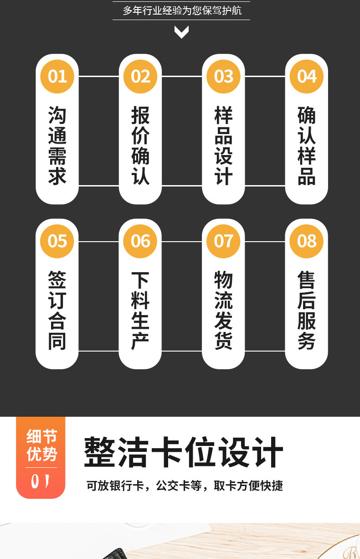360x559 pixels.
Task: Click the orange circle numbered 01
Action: (57, 76)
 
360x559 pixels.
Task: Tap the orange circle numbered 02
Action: (140, 76)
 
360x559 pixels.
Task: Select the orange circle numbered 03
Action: (223, 76)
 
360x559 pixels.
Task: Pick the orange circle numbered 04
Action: (307, 76)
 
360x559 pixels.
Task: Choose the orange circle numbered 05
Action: (57, 241)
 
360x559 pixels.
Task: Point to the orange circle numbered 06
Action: (140, 241)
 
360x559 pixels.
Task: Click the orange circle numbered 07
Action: (223, 241)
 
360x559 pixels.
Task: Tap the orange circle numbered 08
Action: (307, 241)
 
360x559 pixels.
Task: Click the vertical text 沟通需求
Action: (57, 146)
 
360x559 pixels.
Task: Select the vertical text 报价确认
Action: (140, 146)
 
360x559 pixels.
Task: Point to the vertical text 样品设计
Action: (223, 146)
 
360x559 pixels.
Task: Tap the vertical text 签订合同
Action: (57, 311)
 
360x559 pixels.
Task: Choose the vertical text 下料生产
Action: (140, 311)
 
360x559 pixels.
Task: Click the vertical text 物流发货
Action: (223, 311)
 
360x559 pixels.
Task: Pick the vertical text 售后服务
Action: (307, 311)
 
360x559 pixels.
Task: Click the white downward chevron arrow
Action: (181, 32)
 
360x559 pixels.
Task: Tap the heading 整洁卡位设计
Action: (184, 452)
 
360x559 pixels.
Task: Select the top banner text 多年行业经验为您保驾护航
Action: (181, 10)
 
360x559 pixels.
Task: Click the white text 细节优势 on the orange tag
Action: (41, 445)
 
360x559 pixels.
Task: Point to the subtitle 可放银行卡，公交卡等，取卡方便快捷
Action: (185, 486)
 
